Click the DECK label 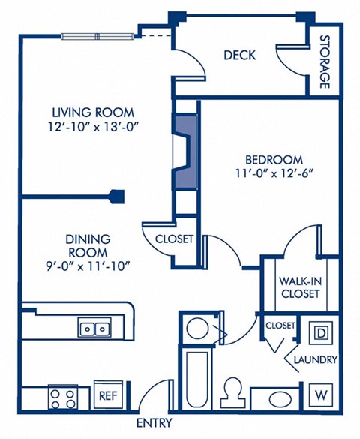pyautogui.click(x=239, y=55)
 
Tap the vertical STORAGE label pyautogui.click(x=325, y=62)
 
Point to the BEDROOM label pyautogui.click(x=274, y=159)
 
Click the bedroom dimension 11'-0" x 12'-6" pyautogui.click(x=274, y=173)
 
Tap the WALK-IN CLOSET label pyautogui.click(x=300, y=287)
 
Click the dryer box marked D pyautogui.click(x=320, y=332)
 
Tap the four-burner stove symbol pyautogui.click(x=63, y=395)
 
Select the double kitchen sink pyautogui.click(x=94, y=329)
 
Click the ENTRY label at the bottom pyautogui.click(x=154, y=422)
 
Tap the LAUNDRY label pyautogui.click(x=315, y=360)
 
